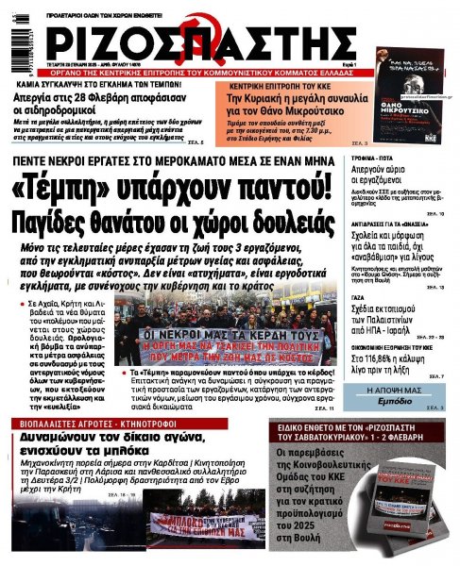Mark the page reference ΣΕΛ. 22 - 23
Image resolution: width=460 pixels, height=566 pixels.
pyautogui.click(x=427, y=336)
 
